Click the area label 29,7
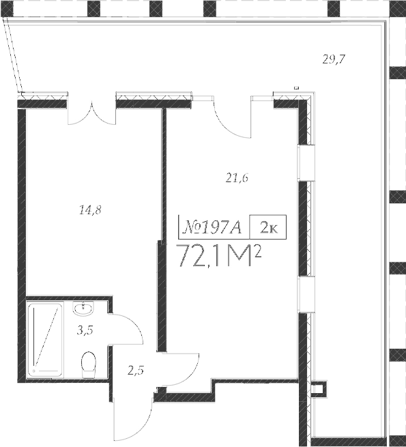(x=334, y=59)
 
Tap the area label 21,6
(x=236, y=179)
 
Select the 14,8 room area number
(x=90, y=210)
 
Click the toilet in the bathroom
(x=88, y=364)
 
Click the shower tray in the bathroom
(x=45, y=340)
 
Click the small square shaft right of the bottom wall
(x=316, y=390)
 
